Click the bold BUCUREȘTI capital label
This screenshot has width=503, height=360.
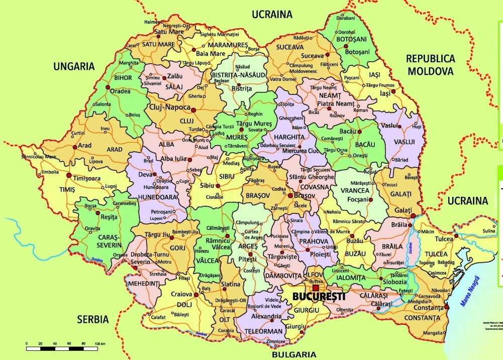click(319, 297)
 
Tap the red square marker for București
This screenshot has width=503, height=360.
click(316, 288)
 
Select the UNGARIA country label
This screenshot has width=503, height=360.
click(74, 66)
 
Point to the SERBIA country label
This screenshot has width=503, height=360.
click(93, 319)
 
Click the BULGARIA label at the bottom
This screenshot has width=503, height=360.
click(294, 354)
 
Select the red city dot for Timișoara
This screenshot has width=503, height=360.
click(69, 175)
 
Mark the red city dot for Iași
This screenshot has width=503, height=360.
click(393, 91)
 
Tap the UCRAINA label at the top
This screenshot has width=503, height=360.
click(272, 14)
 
